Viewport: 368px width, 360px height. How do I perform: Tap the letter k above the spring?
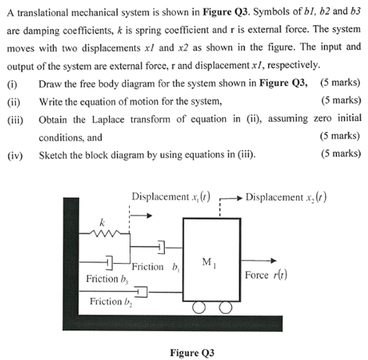click(x=101, y=222)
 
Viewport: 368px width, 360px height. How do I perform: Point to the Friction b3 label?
click(x=107, y=278)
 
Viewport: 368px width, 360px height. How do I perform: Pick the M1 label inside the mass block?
click(x=207, y=262)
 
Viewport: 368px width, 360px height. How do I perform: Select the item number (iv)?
click(x=14, y=154)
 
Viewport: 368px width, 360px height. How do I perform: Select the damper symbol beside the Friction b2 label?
click(x=141, y=293)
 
